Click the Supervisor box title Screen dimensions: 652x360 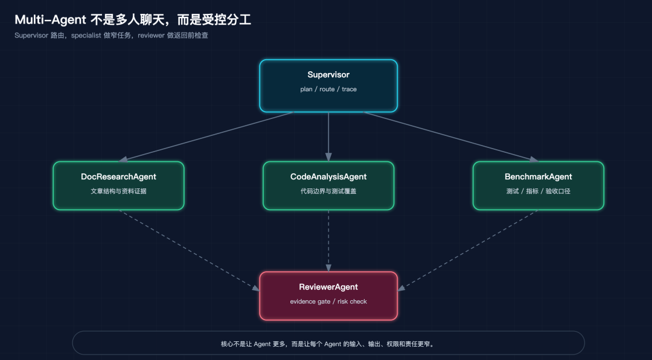[x=328, y=75]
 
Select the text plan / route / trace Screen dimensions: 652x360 [x=328, y=89]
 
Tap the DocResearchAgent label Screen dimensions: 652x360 [x=118, y=177]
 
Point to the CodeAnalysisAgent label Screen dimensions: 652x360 [x=328, y=177]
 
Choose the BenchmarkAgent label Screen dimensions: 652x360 [x=539, y=177]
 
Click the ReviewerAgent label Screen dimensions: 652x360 [x=328, y=287]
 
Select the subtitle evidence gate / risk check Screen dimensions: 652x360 [x=328, y=301]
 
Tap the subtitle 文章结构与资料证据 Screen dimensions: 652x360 [x=118, y=191]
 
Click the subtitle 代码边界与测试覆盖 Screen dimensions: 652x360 [x=328, y=191]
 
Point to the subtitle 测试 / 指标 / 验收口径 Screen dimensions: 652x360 [x=539, y=191]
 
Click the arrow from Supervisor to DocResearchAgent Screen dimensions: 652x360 [x=206, y=137]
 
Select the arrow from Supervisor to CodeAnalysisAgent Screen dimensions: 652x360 [x=328, y=137]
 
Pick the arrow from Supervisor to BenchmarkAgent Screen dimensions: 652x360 [x=451, y=137]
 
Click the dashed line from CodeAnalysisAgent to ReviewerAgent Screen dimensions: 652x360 [x=328, y=241]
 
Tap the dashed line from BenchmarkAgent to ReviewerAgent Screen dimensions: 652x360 [x=468, y=250]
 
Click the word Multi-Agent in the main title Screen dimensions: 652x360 [x=50, y=19]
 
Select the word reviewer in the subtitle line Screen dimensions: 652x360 [x=152, y=36]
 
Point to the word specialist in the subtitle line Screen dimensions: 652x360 [x=86, y=36]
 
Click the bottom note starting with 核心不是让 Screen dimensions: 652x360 [x=328, y=344]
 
